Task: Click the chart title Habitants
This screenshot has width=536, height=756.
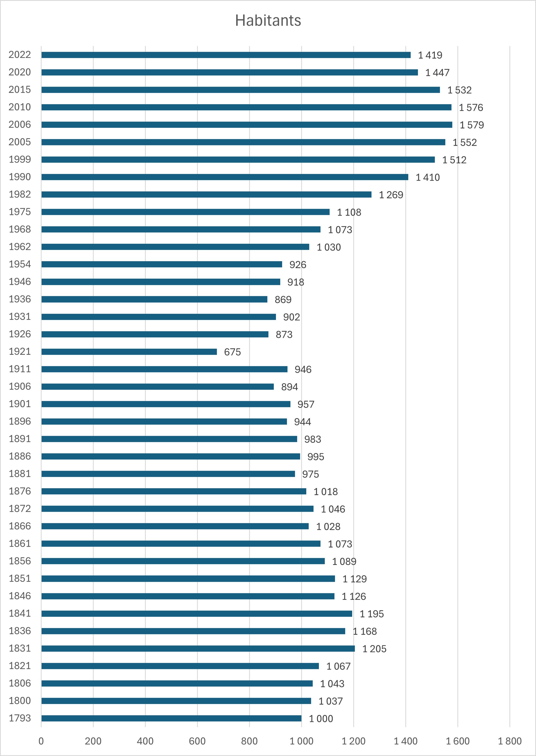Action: click(x=268, y=20)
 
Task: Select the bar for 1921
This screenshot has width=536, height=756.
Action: click(x=129, y=352)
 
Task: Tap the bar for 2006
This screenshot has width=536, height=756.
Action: click(x=247, y=125)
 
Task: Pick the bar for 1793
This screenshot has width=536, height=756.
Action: click(x=171, y=718)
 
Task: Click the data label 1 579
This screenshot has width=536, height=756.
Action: click(x=472, y=125)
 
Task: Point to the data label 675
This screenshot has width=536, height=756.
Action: click(x=232, y=352)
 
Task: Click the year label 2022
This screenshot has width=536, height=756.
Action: click(x=20, y=55)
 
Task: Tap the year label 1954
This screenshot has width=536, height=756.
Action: click(x=20, y=264)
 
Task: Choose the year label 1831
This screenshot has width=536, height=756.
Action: click(x=20, y=648)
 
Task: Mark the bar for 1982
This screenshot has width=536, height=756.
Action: click(x=206, y=195)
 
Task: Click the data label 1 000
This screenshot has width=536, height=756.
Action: click(x=321, y=719)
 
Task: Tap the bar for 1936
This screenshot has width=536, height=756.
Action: click(x=154, y=299)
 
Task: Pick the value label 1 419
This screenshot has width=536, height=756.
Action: click(x=430, y=55)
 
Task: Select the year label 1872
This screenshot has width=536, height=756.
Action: click(x=20, y=509)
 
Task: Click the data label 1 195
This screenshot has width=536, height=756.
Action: click(x=372, y=614)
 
